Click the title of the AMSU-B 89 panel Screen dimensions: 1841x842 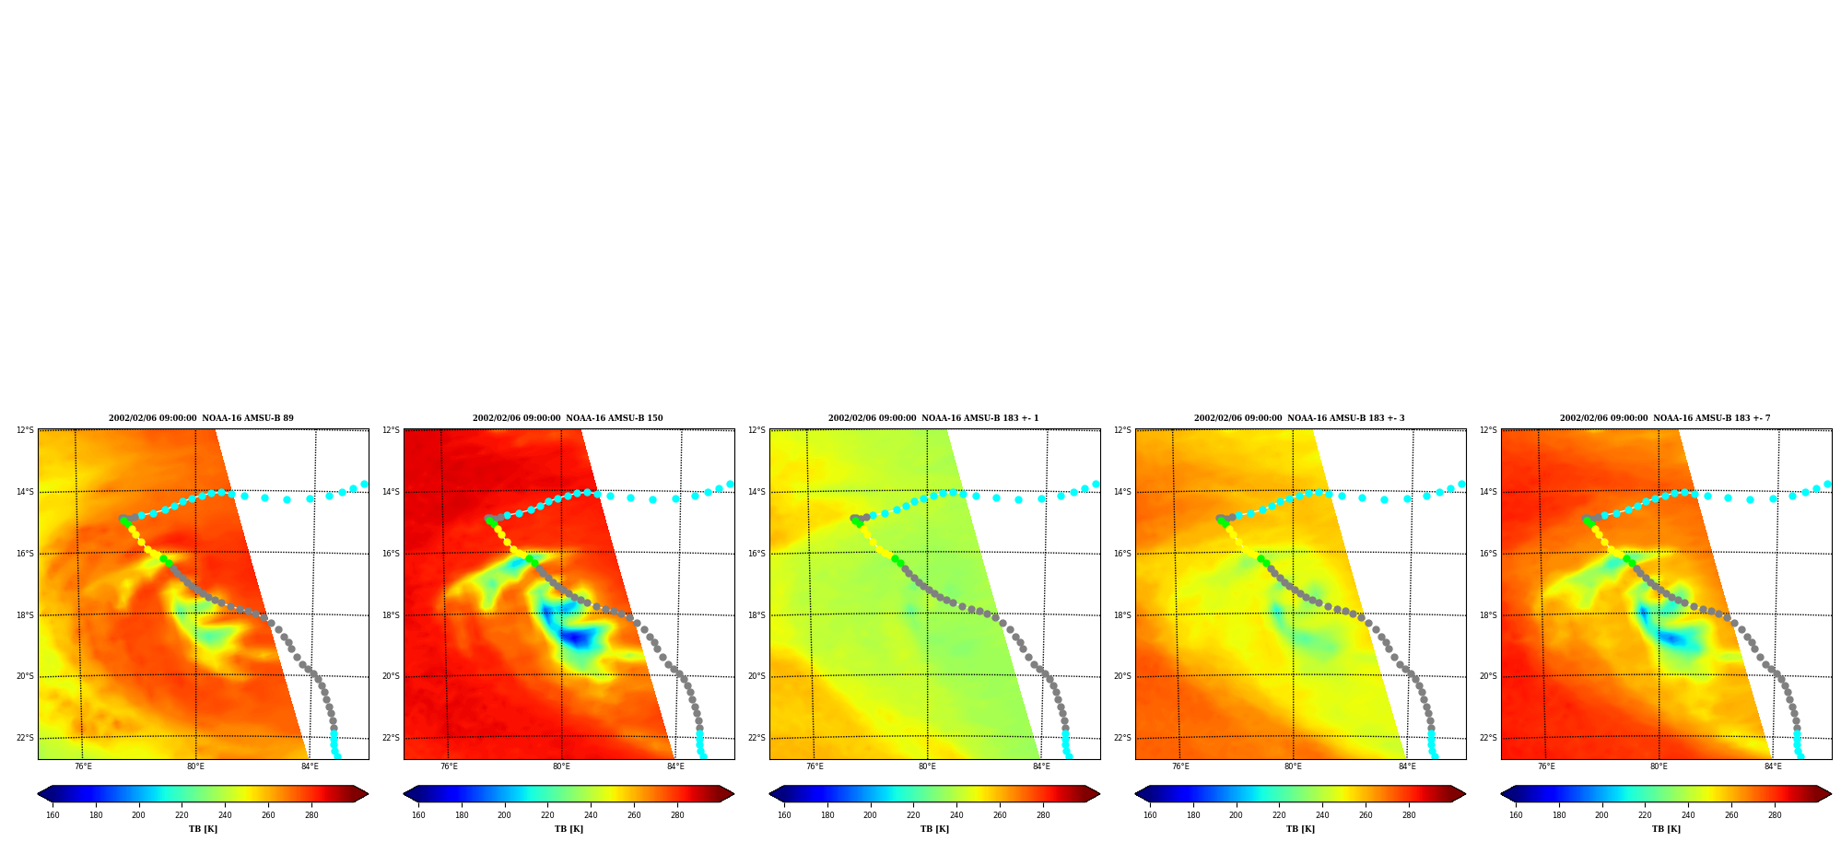(201, 418)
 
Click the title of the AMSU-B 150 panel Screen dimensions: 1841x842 (568, 418)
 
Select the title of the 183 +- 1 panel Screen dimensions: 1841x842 (933, 418)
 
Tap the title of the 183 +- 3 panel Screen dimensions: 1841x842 (1299, 418)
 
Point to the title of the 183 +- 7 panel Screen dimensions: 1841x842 (1665, 418)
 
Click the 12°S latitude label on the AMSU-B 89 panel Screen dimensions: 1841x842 (25, 430)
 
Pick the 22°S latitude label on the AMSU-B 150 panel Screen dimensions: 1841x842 (391, 738)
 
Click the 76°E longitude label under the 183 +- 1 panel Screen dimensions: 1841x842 (815, 766)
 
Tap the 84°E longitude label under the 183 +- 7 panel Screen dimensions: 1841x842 (1773, 766)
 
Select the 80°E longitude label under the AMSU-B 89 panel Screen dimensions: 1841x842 (195, 766)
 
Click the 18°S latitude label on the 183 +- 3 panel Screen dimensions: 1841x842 (1122, 615)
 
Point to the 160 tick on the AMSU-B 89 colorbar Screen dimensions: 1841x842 (53, 815)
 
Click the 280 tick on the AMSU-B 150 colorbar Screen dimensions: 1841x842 (677, 815)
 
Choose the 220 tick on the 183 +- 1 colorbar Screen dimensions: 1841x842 (913, 815)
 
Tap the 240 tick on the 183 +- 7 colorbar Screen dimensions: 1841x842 (1688, 815)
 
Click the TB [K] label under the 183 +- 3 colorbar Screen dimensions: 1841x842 (1300, 829)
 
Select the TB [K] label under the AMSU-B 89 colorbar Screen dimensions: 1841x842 (203, 829)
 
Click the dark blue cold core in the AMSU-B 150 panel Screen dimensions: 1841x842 (576, 637)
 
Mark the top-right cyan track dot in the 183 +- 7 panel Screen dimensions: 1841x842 (1827, 484)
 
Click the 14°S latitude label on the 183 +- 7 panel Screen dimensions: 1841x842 (1488, 492)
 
